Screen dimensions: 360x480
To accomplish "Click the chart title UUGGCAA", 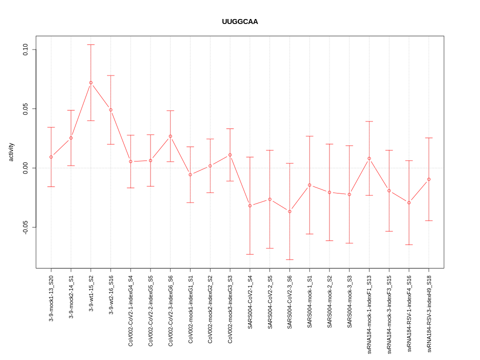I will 240,21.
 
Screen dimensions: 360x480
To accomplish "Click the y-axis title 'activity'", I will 11,152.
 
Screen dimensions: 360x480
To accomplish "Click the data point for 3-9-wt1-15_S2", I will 91,82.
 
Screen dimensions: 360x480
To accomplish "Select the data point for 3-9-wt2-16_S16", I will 111,110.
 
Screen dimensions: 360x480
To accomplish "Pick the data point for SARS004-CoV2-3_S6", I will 289,211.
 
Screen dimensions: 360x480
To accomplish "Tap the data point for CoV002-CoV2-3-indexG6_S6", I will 170,136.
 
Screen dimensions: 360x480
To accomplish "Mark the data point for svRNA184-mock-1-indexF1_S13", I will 369,158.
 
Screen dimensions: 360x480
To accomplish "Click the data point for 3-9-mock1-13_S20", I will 51,157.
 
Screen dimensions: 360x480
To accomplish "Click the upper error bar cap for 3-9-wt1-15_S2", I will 91,44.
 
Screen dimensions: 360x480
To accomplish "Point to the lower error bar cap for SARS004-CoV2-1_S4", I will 250,254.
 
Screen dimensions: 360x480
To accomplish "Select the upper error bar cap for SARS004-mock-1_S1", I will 309,136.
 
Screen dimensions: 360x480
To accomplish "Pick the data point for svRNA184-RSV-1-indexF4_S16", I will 409,202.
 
